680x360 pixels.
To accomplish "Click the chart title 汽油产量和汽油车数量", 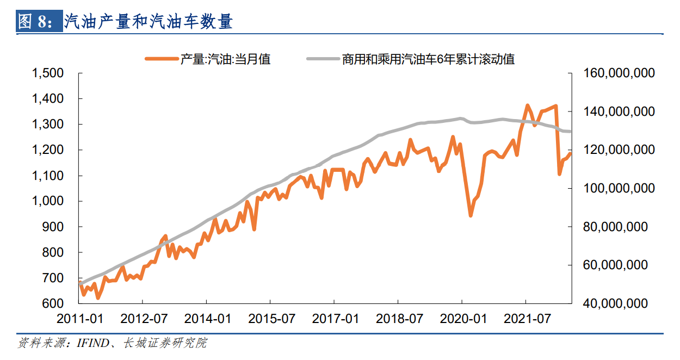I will pyautogui.click(x=148, y=22).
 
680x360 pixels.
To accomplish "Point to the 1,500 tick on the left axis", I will pyautogui.click(x=48, y=73).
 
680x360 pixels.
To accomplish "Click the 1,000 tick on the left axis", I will pyautogui.click(x=48, y=201).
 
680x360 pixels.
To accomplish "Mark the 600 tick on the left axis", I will pyautogui.click(x=53, y=303).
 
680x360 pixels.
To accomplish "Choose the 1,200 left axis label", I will pyautogui.click(x=48, y=150).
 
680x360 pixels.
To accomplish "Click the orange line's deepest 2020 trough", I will pyautogui.click(x=471, y=215).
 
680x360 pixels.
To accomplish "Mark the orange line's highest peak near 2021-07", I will pyautogui.click(x=527, y=105).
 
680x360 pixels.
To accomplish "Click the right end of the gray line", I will pyautogui.click(x=570, y=132).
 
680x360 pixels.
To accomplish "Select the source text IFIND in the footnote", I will pyautogui.click(x=89, y=343).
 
